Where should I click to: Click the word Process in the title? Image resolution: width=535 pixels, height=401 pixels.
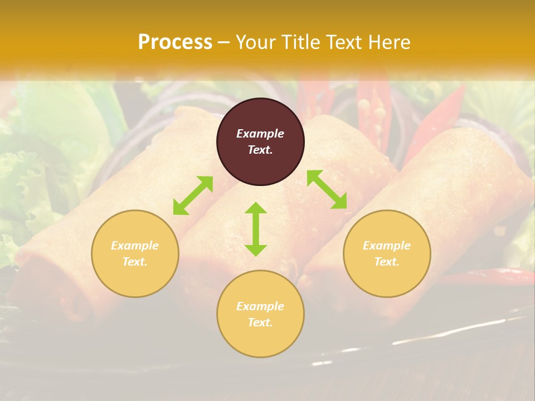(175, 42)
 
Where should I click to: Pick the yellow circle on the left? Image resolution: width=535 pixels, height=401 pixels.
(135, 253)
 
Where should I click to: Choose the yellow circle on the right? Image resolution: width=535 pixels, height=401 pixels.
(387, 253)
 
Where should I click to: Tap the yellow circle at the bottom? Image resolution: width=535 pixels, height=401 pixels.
(260, 314)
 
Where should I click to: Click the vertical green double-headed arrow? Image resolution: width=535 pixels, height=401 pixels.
(256, 229)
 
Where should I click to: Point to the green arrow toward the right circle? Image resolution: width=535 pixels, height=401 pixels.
(327, 189)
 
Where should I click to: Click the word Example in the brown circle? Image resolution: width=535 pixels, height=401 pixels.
(260, 134)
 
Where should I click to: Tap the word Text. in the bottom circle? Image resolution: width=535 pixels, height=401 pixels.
(260, 322)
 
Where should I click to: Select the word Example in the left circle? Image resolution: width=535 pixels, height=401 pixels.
(135, 246)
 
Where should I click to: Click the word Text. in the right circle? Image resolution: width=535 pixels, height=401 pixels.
(387, 262)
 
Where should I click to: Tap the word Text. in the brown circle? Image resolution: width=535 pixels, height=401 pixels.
(260, 150)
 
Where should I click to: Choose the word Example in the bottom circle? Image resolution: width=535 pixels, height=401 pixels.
(260, 306)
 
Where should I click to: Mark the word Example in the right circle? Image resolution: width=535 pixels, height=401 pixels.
(387, 246)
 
